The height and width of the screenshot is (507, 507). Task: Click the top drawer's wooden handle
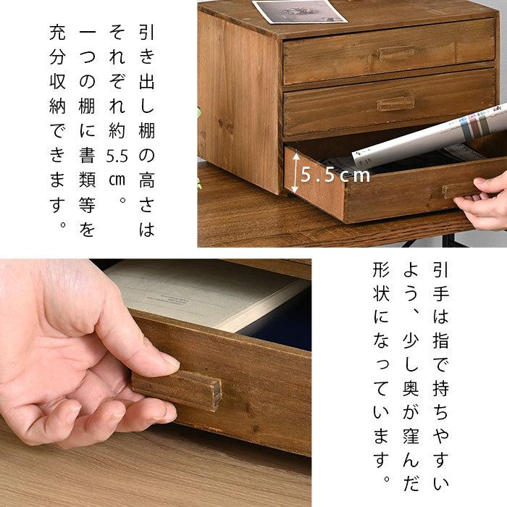(396, 54)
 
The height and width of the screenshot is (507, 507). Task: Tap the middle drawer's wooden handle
(396, 103)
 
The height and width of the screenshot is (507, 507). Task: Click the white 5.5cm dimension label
(336, 175)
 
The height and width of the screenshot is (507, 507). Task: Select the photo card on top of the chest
(298, 11)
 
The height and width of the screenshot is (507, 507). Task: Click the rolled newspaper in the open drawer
(427, 138)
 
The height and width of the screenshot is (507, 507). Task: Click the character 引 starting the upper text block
(146, 33)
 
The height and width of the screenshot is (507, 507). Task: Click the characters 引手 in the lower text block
(440, 284)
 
